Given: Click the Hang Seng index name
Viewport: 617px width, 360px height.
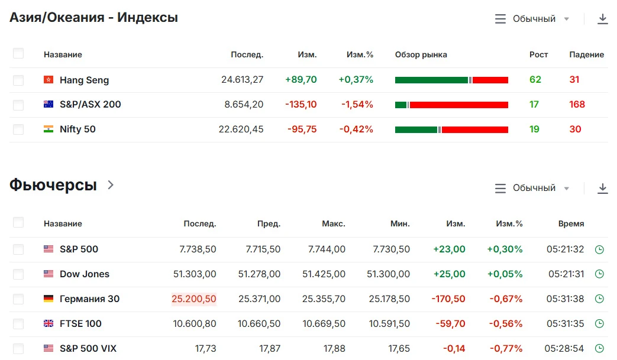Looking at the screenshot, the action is click(x=84, y=80).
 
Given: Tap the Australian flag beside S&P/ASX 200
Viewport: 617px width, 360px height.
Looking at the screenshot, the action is click(x=49, y=104).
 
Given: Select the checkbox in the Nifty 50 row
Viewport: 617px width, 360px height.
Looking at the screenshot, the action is click(x=18, y=129).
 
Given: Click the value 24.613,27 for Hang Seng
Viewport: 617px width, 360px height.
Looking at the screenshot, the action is click(x=242, y=80).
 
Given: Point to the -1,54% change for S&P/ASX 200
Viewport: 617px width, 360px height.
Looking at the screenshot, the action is click(x=357, y=105).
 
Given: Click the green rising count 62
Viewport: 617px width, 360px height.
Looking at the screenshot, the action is click(x=535, y=80).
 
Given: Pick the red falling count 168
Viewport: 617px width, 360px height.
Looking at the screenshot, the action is click(x=577, y=105).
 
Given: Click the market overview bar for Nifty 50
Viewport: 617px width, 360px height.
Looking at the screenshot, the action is click(x=451, y=129).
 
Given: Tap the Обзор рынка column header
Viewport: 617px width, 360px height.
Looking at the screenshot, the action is click(x=421, y=54).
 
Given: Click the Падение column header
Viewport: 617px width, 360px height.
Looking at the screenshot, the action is click(x=586, y=54).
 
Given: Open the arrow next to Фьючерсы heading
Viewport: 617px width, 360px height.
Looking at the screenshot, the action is click(x=111, y=184).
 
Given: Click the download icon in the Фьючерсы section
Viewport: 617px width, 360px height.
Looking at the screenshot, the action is click(x=602, y=188).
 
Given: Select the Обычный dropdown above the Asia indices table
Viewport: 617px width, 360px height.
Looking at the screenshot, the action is click(x=532, y=19).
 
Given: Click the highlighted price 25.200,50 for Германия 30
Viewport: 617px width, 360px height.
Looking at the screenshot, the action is click(x=193, y=299).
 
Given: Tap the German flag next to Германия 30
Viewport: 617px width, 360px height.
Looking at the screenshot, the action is click(x=49, y=299).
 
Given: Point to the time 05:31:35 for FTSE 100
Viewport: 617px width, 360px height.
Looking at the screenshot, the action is click(x=565, y=324).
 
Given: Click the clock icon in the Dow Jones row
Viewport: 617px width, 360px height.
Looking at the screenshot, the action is click(x=599, y=274).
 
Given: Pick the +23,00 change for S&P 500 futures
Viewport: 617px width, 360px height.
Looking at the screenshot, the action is click(x=449, y=249).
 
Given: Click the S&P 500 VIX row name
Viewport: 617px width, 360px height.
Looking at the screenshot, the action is click(x=88, y=349).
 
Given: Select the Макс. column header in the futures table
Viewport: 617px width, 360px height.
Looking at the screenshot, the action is click(x=333, y=223).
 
